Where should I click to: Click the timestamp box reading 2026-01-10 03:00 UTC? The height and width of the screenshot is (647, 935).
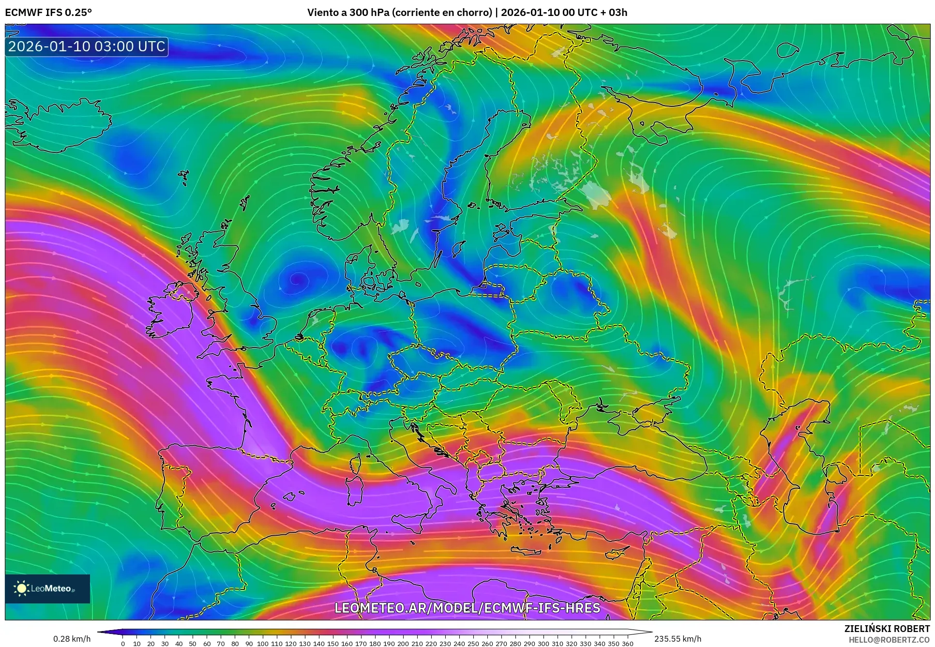87,46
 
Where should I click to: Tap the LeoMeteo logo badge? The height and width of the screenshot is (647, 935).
47,588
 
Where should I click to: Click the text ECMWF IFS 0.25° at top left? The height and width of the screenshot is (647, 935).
48,12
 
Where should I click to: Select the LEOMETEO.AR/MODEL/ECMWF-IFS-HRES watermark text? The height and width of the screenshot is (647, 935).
467,608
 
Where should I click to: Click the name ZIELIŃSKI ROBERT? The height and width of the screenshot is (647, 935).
887,629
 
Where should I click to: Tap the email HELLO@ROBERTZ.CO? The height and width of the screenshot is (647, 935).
889,639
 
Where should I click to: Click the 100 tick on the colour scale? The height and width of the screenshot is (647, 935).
262,643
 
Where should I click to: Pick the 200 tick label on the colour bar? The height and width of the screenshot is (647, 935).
403,643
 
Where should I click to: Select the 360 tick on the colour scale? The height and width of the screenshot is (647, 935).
627,643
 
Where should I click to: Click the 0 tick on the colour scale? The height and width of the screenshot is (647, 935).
123,643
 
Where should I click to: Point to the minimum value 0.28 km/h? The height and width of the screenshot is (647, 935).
72,639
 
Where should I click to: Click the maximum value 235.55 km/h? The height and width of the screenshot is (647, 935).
678,639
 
